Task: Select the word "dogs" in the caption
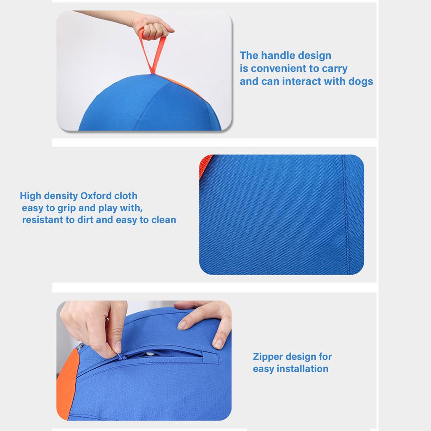(361, 81)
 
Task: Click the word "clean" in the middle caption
(163, 220)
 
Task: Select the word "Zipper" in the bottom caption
(268, 357)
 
